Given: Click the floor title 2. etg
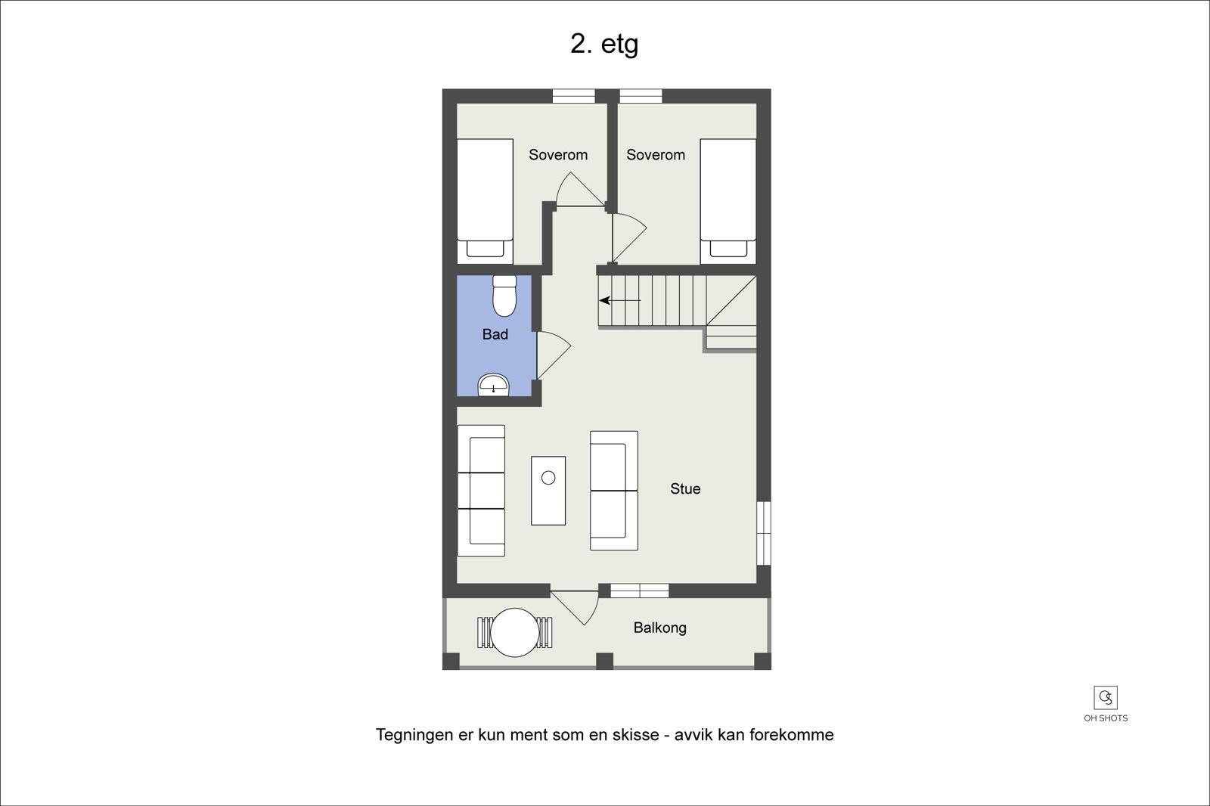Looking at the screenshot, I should point(603,44).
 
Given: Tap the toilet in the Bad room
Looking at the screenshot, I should point(504,296).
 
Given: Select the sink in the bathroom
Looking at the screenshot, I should point(494,386).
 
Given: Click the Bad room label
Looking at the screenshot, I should point(495,334).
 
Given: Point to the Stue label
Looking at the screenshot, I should point(685,489).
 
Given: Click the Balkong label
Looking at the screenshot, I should point(659,628).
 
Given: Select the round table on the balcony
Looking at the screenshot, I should point(515,632).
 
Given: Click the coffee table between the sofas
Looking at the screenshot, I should point(548,490).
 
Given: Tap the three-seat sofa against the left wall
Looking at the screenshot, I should point(481,491).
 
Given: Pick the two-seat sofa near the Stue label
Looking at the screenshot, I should point(613,491).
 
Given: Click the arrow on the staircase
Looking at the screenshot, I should point(620,300).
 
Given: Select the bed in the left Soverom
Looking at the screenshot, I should point(485,200).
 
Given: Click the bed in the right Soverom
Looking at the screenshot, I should point(728,200).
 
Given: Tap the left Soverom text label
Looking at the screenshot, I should point(558,155).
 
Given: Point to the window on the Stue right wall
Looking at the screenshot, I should point(764,532).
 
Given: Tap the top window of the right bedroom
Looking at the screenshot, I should point(641,96).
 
